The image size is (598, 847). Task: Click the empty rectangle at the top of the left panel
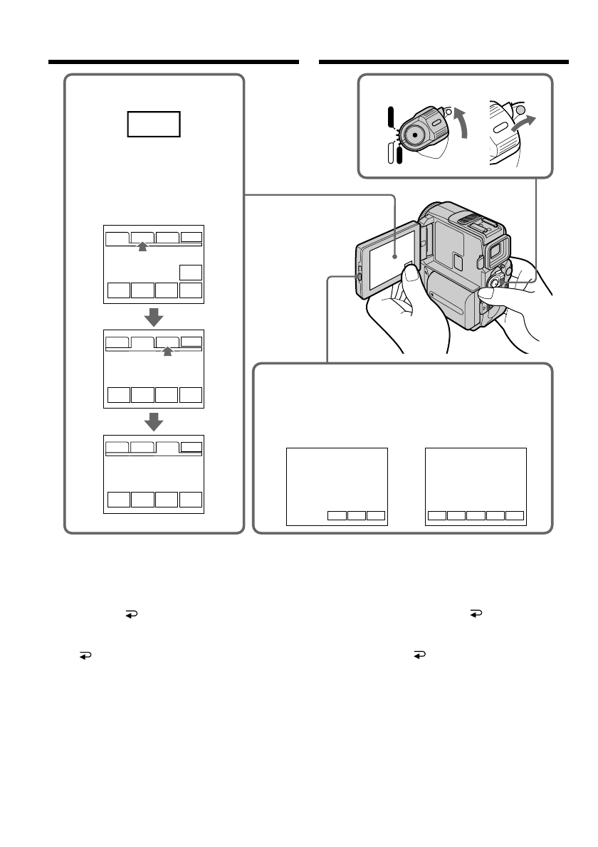point(154,124)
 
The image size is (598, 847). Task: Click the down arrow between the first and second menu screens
point(154,316)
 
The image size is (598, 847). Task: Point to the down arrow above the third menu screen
point(154,421)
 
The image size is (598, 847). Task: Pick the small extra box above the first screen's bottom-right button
point(191,272)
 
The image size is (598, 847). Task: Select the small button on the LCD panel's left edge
point(360,275)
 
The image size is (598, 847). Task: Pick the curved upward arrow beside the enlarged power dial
point(464,121)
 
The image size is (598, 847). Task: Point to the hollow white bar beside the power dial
point(390,153)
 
